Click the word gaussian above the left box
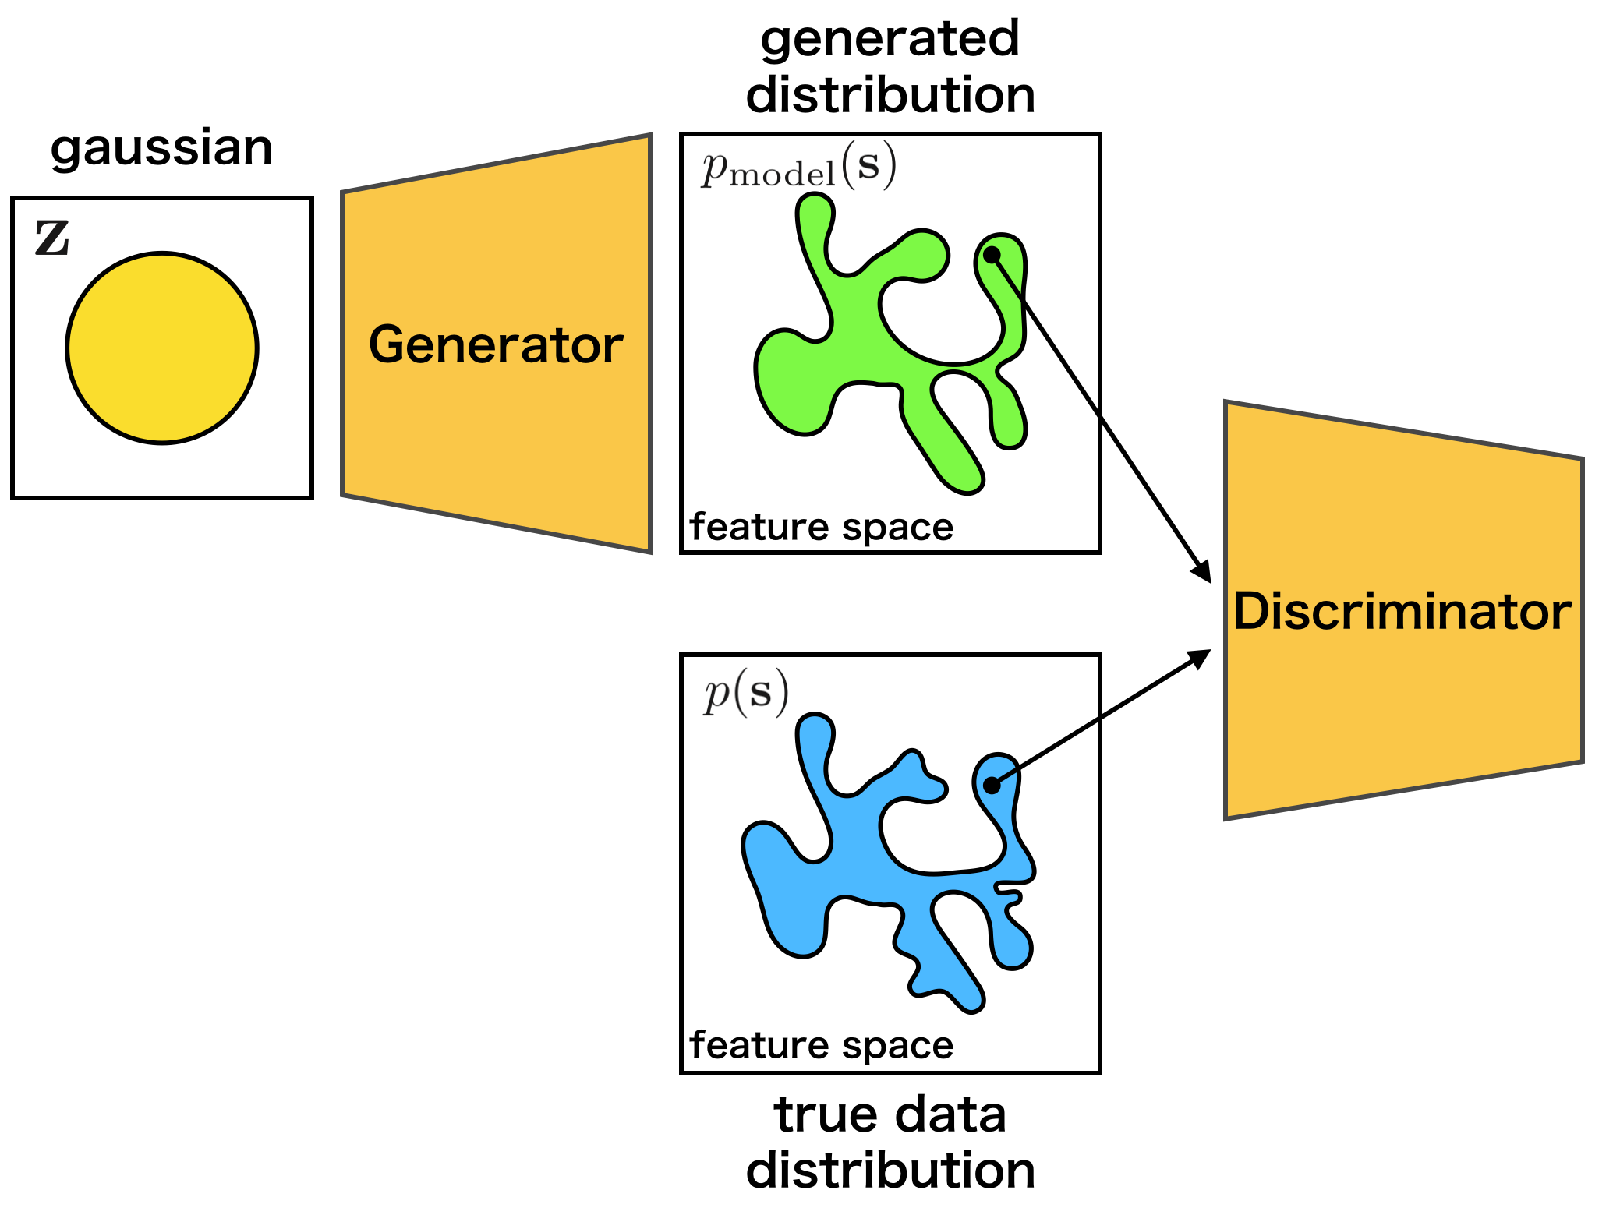tap(161, 148)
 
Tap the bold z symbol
tap(52, 238)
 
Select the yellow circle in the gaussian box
tap(162, 348)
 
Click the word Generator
tap(496, 344)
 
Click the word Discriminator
tap(1402, 611)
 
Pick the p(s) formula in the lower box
tap(746, 693)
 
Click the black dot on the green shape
tap(992, 255)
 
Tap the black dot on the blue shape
tap(992, 786)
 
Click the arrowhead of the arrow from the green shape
tap(1204, 574)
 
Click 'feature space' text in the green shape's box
tap(822, 528)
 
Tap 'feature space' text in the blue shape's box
tap(822, 1046)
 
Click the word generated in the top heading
tap(890, 39)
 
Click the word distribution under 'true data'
tap(890, 1171)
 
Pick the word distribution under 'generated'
tap(890, 95)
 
